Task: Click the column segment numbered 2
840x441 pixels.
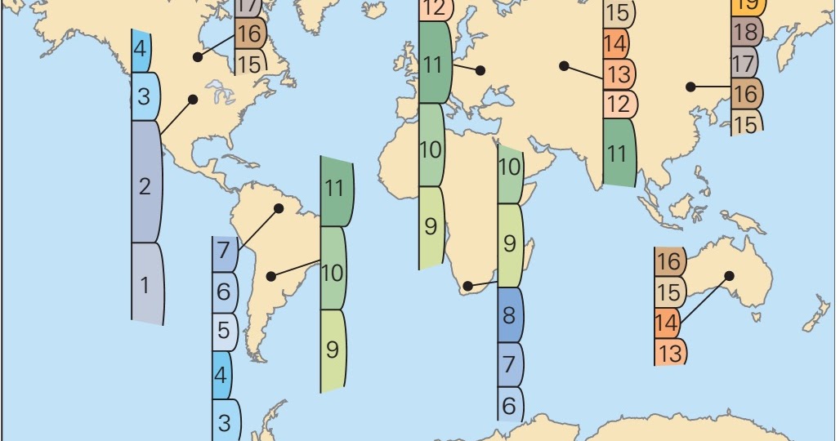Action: tap(146, 185)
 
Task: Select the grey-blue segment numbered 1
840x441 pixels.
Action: tap(146, 285)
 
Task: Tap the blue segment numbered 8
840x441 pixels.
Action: tap(510, 315)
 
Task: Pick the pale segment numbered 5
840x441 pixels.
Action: tap(224, 332)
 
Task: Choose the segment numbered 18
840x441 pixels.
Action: tap(746, 32)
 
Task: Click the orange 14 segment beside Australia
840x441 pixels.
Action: tap(668, 323)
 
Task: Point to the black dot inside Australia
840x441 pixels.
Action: tap(729, 276)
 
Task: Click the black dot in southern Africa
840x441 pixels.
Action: tap(467, 286)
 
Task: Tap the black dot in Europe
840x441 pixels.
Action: tap(480, 71)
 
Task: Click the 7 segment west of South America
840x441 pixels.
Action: tap(224, 252)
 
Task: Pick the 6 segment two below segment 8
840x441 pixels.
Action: tap(510, 404)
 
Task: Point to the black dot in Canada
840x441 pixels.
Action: tap(197, 57)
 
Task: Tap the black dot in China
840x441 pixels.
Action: tap(691, 86)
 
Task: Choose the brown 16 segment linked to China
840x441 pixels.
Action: tap(746, 94)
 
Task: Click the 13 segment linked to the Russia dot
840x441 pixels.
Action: tap(619, 75)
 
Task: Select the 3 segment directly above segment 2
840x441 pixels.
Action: tap(145, 96)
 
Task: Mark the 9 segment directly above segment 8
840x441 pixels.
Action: tap(510, 243)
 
